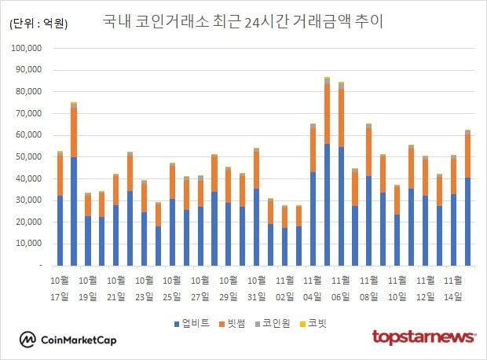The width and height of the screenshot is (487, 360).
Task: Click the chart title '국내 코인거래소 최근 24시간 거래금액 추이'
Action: point(243,21)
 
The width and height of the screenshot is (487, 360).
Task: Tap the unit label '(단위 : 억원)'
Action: point(38,24)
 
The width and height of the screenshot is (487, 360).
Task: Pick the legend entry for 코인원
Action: point(281,322)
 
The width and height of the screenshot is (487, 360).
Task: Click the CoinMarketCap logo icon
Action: point(28,340)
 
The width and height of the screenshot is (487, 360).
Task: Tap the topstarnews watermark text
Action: point(423,338)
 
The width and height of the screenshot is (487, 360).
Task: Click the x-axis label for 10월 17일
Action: point(60,288)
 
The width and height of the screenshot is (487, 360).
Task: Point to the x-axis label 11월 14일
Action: point(453,288)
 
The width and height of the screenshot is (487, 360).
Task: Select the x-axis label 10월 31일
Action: point(257,288)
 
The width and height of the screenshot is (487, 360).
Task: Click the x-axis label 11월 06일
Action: point(341,288)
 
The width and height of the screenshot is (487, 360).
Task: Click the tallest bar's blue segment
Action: point(327,204)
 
